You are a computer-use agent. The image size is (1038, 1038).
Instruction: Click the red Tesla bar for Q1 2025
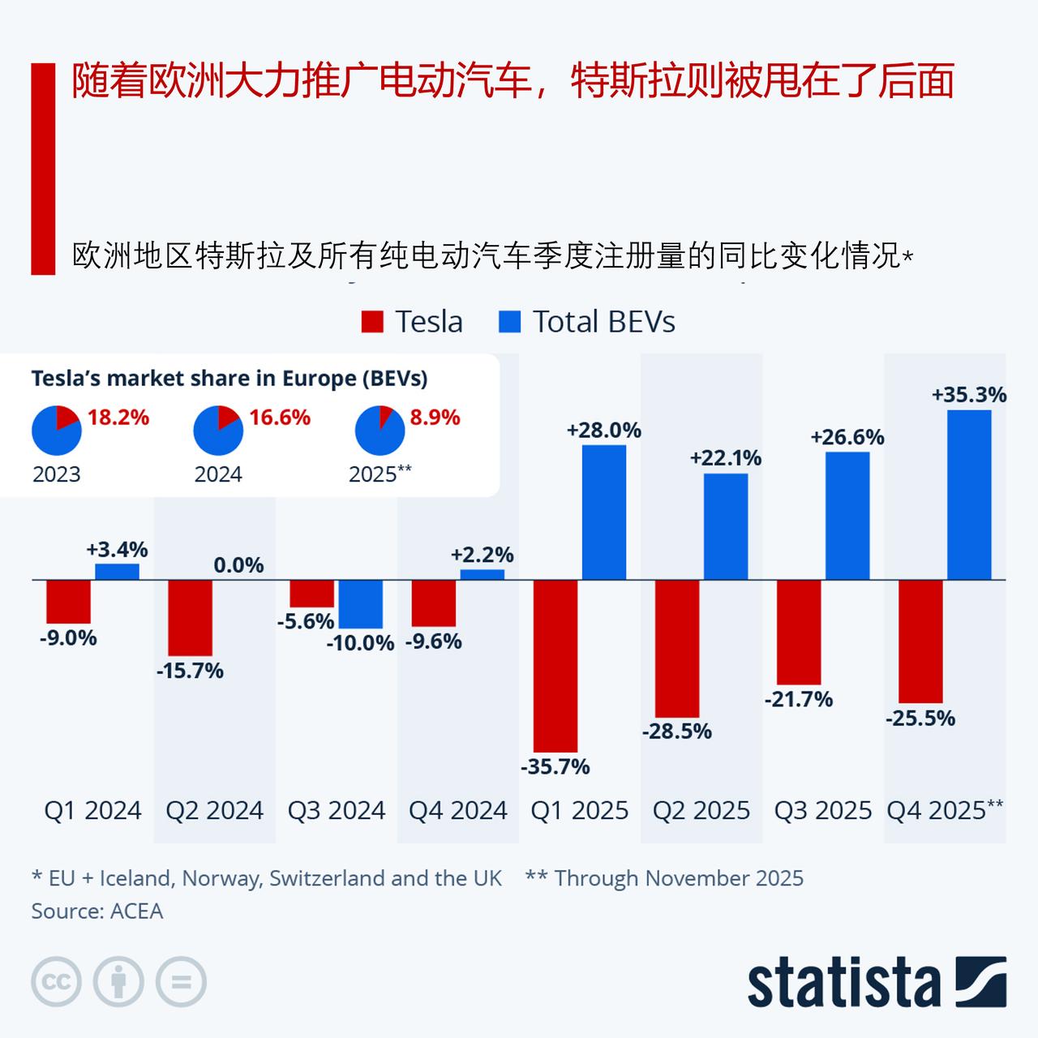point(555,666)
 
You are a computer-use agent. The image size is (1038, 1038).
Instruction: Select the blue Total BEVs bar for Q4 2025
point(969,495)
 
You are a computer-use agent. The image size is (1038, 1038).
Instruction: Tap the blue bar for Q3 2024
point(360,604)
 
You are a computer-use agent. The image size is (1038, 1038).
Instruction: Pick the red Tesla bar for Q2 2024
point(190,618)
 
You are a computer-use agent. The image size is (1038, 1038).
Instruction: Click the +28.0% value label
point(603,431)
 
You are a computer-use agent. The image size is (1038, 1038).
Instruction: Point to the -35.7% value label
point(555,766)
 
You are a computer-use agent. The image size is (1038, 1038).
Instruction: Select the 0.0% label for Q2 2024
point(238,565)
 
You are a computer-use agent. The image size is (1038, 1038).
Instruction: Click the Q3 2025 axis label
point(822,810)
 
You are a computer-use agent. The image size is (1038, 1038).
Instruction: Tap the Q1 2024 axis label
point(92,810)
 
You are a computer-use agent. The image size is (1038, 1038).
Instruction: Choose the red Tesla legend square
point(371,322)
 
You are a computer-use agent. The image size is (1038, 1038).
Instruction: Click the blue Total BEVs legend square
point(508,322)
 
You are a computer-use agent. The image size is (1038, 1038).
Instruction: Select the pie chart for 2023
point(56,431)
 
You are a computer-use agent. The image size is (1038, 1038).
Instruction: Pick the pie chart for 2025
point(380,431)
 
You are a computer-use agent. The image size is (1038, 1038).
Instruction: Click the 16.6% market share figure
point(280,418)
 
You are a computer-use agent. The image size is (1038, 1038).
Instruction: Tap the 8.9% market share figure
point(435,418)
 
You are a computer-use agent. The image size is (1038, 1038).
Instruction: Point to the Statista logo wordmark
point(843,983)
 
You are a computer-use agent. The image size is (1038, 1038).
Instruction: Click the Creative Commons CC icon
point(56,983)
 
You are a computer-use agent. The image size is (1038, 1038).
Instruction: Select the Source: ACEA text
point(97,911)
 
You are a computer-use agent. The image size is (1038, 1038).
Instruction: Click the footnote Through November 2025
point(664,878)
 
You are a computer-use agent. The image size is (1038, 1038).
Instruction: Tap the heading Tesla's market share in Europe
point(229,379)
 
